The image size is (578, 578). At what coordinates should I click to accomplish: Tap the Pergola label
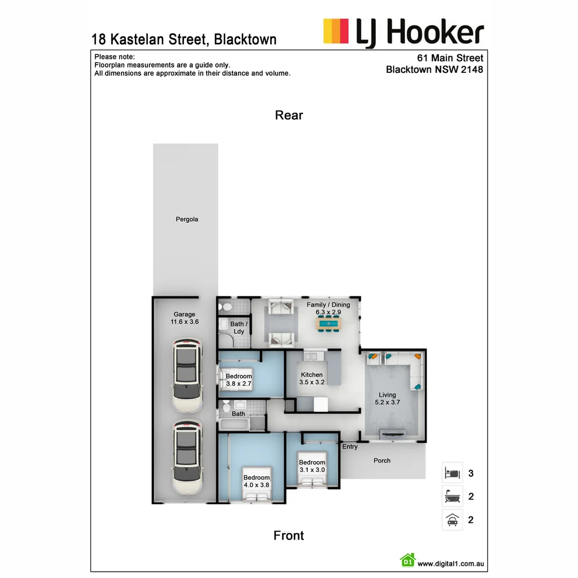pos(187,219)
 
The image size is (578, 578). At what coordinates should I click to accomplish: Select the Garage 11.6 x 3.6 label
pos(184,318)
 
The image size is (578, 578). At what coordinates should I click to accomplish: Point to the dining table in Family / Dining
pos(328,323)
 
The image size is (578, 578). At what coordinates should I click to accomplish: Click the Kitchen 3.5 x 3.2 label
pos(311,378)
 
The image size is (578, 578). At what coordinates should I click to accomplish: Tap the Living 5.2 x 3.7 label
pos(387,399)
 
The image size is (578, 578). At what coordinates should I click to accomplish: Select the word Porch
pos(382,461)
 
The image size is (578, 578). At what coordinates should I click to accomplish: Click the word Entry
pos(350,447)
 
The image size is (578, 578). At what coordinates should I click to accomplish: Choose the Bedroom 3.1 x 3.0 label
pos(312,466)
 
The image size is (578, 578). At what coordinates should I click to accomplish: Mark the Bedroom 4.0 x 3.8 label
pos(256,481)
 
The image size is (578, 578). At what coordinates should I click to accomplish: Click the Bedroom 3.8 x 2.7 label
pos(239,380)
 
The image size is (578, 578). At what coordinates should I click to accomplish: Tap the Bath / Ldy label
pos(239,328)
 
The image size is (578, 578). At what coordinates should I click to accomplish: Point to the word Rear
pos(289,115)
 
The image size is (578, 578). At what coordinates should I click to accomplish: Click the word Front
pos(288,536)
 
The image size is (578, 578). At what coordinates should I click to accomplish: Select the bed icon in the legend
pos(452,473)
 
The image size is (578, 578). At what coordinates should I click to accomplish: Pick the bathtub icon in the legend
pos(452,497)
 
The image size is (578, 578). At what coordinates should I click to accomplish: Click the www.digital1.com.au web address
pos(451,564)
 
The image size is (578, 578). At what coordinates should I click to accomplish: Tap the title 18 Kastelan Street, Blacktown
pos(184,39)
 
